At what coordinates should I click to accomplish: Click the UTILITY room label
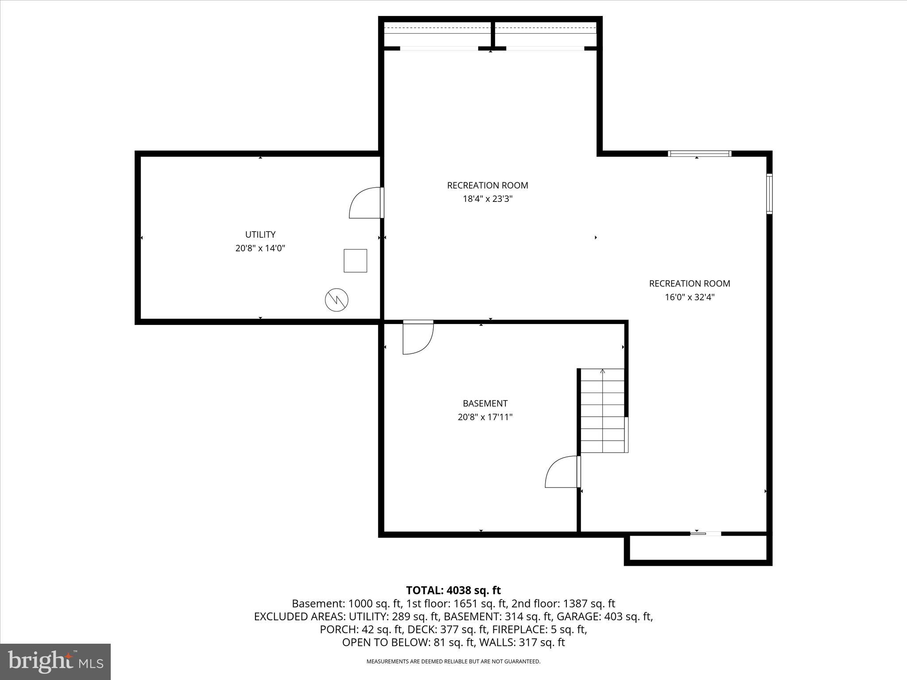coord(260,234)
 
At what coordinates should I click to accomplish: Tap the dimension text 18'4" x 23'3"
coord(488,199)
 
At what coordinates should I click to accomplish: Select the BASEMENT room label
coord(485,403)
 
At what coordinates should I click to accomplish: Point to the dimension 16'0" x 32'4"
coord(690,297)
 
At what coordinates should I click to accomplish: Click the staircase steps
coord(602,411)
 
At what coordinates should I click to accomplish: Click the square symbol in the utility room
coord(355,261)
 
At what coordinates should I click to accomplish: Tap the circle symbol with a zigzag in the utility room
coord(337,300)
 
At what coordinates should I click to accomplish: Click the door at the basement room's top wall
coord(418,337)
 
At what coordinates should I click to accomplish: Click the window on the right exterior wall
coord(769,194)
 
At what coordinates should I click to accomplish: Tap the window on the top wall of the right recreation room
coord(699,154)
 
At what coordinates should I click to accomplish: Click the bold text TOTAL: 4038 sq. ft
coord(453,590)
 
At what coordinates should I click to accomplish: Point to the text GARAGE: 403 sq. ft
coord(605,616)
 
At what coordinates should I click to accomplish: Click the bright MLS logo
coord(55,661)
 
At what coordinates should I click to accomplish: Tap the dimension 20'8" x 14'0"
coord(260,248)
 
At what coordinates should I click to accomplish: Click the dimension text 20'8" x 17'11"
coord(485,417)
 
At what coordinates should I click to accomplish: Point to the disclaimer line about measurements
coord(453,661)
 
